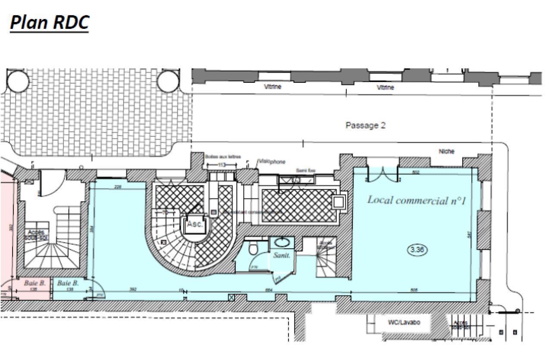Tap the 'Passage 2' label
point(365,125)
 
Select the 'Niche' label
point(446,152)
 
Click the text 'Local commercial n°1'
point(416,200)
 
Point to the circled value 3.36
point(417,250)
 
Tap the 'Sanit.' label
point(282,255)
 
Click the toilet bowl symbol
point(254,249)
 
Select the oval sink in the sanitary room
point(282,242)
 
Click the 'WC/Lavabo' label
point(404,322)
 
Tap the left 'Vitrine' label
point(273,87)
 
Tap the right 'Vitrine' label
point(385,87)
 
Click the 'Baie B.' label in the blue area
point(68,283)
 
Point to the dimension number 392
point(133,289)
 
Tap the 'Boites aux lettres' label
point(223,157)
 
